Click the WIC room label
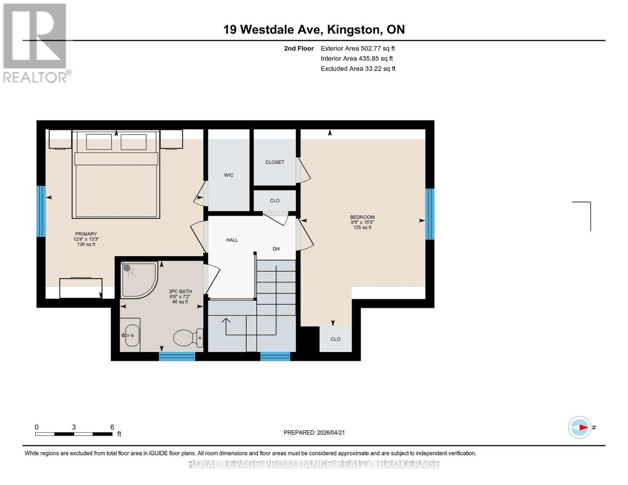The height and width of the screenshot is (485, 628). tap(228, 175)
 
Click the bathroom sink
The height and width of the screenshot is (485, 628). tap(131, 335)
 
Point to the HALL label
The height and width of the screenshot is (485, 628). tap(232, 240)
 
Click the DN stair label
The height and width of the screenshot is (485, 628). tap(276, 249)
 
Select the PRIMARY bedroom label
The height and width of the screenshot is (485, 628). tap(86, 234)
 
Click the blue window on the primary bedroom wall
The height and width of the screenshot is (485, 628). tap(41, 211)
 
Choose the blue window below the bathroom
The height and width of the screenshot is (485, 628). tap(177, 356)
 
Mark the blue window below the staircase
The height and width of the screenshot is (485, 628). tap(275, 356)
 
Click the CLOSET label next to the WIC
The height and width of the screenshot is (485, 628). tap(275, 162)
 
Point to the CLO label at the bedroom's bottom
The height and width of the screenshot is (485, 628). tap(336, 339)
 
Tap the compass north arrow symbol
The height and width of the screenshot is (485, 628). tap(580, 427)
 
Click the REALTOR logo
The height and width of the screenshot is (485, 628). tap(35, 43)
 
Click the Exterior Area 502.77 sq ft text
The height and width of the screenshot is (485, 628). tap(357, 48)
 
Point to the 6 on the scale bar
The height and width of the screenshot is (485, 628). tap(112, 427)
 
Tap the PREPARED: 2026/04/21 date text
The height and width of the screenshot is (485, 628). tap(314, 432)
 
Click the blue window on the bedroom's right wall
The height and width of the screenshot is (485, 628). tap(429, 214)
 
